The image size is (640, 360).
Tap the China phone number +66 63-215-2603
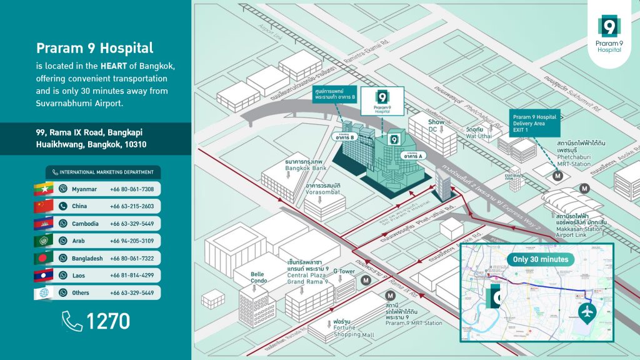(132, 206)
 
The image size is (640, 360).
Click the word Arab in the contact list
(79, 241)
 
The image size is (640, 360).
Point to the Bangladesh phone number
(132, 258)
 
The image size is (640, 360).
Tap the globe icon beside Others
(43, 292)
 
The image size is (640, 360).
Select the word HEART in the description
(112, 66)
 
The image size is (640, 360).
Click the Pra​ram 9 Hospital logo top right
(609, 32)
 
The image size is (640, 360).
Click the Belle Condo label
(257, 277)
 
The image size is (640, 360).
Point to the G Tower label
(344, 271)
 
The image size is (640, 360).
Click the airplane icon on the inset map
(587, 312)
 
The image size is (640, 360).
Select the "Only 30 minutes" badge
(541, 259)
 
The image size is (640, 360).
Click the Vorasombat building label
(323, 189)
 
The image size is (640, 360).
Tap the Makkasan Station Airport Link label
(580, 226)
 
